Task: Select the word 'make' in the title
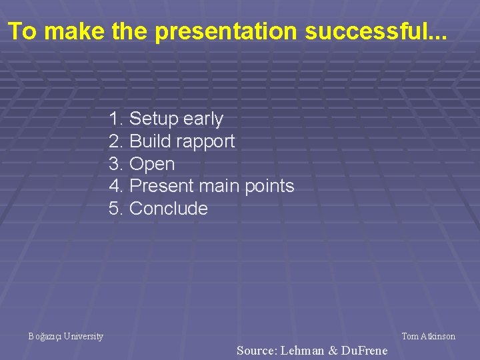tap(77, 31)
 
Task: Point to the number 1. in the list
tap(116, 119)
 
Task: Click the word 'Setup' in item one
tap(154, 119)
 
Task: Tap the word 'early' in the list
tap(203, 119)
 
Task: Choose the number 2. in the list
tap(116, 141)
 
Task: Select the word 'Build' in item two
tap(151, 141)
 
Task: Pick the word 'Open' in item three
tap(152, 164)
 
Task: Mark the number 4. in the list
tap(116, 186)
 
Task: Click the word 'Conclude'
tap(169, 209)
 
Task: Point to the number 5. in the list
tap(116, 209)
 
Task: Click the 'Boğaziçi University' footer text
tap(66, 337)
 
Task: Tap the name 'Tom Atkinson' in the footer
tap(428, 337)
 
